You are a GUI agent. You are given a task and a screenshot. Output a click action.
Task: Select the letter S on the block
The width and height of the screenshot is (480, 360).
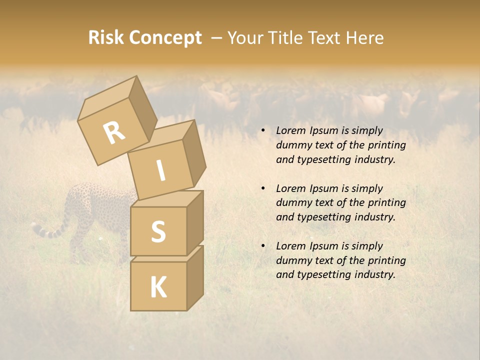tap(158, 232)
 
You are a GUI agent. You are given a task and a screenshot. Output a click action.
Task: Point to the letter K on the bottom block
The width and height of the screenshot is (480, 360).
tap(158, 287)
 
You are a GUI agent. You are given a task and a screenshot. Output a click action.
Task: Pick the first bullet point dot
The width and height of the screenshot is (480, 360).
tap(263, 131)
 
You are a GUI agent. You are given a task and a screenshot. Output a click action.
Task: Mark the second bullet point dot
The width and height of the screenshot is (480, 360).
tap(263, 188)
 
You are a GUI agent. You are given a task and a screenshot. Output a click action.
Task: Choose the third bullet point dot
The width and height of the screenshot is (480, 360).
tap(263, 246)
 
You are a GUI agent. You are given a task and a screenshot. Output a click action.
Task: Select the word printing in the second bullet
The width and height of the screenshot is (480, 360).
tap(385, 202)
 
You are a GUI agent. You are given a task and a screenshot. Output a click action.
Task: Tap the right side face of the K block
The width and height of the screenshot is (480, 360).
tap(195, 277)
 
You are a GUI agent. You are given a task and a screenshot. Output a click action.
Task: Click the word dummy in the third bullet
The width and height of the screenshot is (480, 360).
tap(292, 260)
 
